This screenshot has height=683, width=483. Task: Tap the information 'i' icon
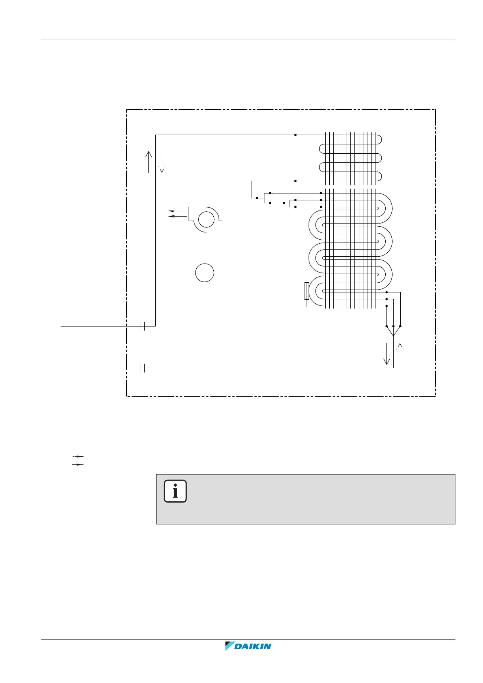175,491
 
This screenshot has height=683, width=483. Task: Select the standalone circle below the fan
205,273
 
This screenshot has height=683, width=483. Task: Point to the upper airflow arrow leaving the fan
178,210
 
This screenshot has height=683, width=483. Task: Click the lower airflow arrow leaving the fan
178,216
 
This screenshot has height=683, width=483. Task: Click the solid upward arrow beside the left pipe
149,162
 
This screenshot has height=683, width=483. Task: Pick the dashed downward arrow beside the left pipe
162,162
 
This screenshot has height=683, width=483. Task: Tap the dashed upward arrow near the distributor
400,354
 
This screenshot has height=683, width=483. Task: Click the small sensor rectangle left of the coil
307,291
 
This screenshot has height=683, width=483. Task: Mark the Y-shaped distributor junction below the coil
393,332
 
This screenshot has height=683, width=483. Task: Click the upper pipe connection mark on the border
142,326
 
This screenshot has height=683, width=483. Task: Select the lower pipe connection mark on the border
142,368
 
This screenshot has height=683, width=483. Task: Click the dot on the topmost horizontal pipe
295,135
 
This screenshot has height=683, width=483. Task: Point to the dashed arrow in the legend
78,457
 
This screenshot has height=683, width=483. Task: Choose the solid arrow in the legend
78,464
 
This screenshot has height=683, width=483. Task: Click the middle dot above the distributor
393,326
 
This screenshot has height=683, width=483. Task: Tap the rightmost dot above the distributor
400,326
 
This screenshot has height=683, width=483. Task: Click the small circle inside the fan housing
206,220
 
